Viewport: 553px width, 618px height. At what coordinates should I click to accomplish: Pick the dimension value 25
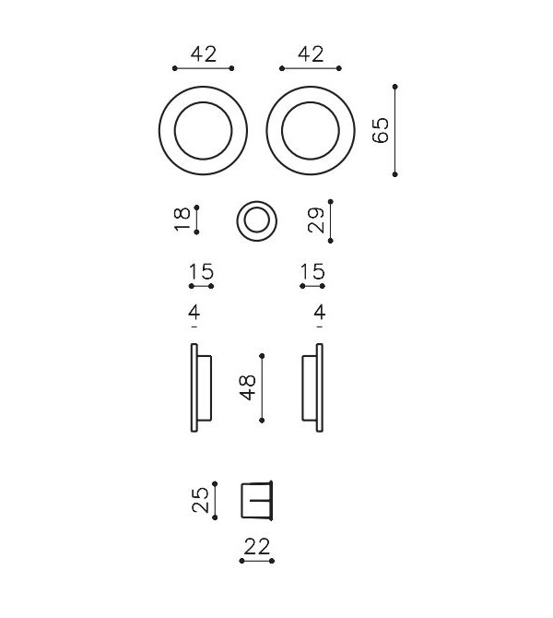199,500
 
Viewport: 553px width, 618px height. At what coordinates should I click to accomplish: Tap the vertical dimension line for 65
395,130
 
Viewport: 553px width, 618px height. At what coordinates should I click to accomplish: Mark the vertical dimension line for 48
263,387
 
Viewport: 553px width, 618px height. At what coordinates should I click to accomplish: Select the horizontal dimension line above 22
256,560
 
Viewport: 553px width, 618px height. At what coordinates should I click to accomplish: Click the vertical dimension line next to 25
215,500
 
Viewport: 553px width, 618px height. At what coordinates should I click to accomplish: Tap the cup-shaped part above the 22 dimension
257,500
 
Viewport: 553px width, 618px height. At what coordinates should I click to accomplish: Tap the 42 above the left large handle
204,54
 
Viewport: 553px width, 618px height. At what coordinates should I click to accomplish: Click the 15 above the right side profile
312,272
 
